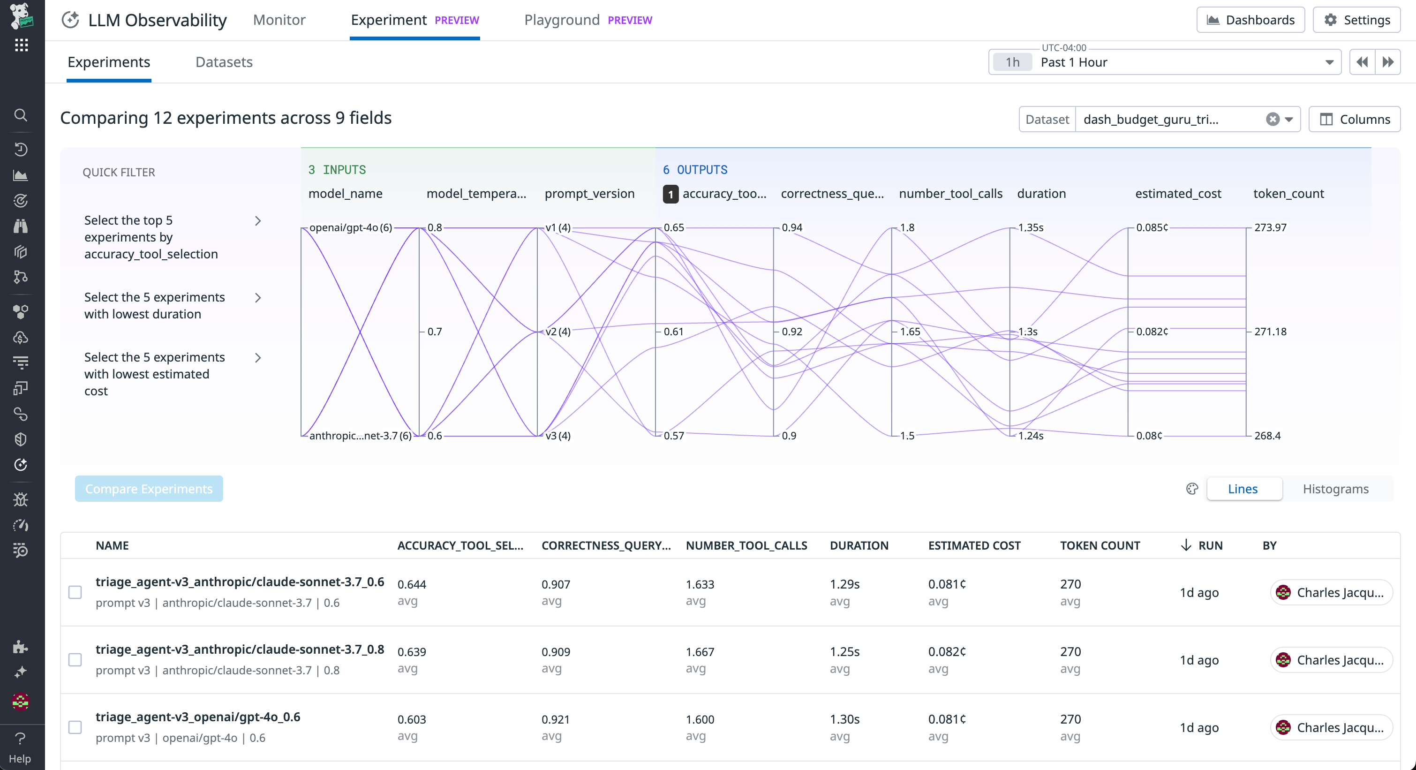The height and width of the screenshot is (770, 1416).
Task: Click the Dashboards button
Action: [x=1250, y=20]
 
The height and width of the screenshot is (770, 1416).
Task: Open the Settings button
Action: [x=1356, y=20]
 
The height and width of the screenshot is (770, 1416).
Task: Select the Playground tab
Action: [x=561, y=20]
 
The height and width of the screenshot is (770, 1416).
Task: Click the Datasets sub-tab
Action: [x=224, y=62]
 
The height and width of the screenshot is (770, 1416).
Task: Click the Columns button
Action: [x=1355, y=119]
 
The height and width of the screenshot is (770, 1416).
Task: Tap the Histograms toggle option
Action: [x=1335, y=489]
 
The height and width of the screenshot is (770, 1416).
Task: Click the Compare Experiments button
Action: [x=149, y=489]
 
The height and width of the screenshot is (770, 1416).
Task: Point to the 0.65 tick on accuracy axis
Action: [x=673, y=227]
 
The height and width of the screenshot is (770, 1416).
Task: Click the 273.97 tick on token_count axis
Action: [x=1270, y=227]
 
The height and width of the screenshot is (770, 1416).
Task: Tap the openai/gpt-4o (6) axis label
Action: [x=351, y=227]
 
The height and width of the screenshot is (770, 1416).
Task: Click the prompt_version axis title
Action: [x=589, y=194]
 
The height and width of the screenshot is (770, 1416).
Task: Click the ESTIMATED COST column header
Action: [x=974, y=545]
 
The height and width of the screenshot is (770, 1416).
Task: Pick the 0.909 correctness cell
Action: [x=555, y=652]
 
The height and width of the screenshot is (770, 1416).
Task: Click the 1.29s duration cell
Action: [x=844, y=584]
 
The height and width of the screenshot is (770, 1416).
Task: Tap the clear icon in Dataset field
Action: [x=1272, y=119]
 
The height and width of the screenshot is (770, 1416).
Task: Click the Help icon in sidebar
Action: [x=20, y=747]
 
